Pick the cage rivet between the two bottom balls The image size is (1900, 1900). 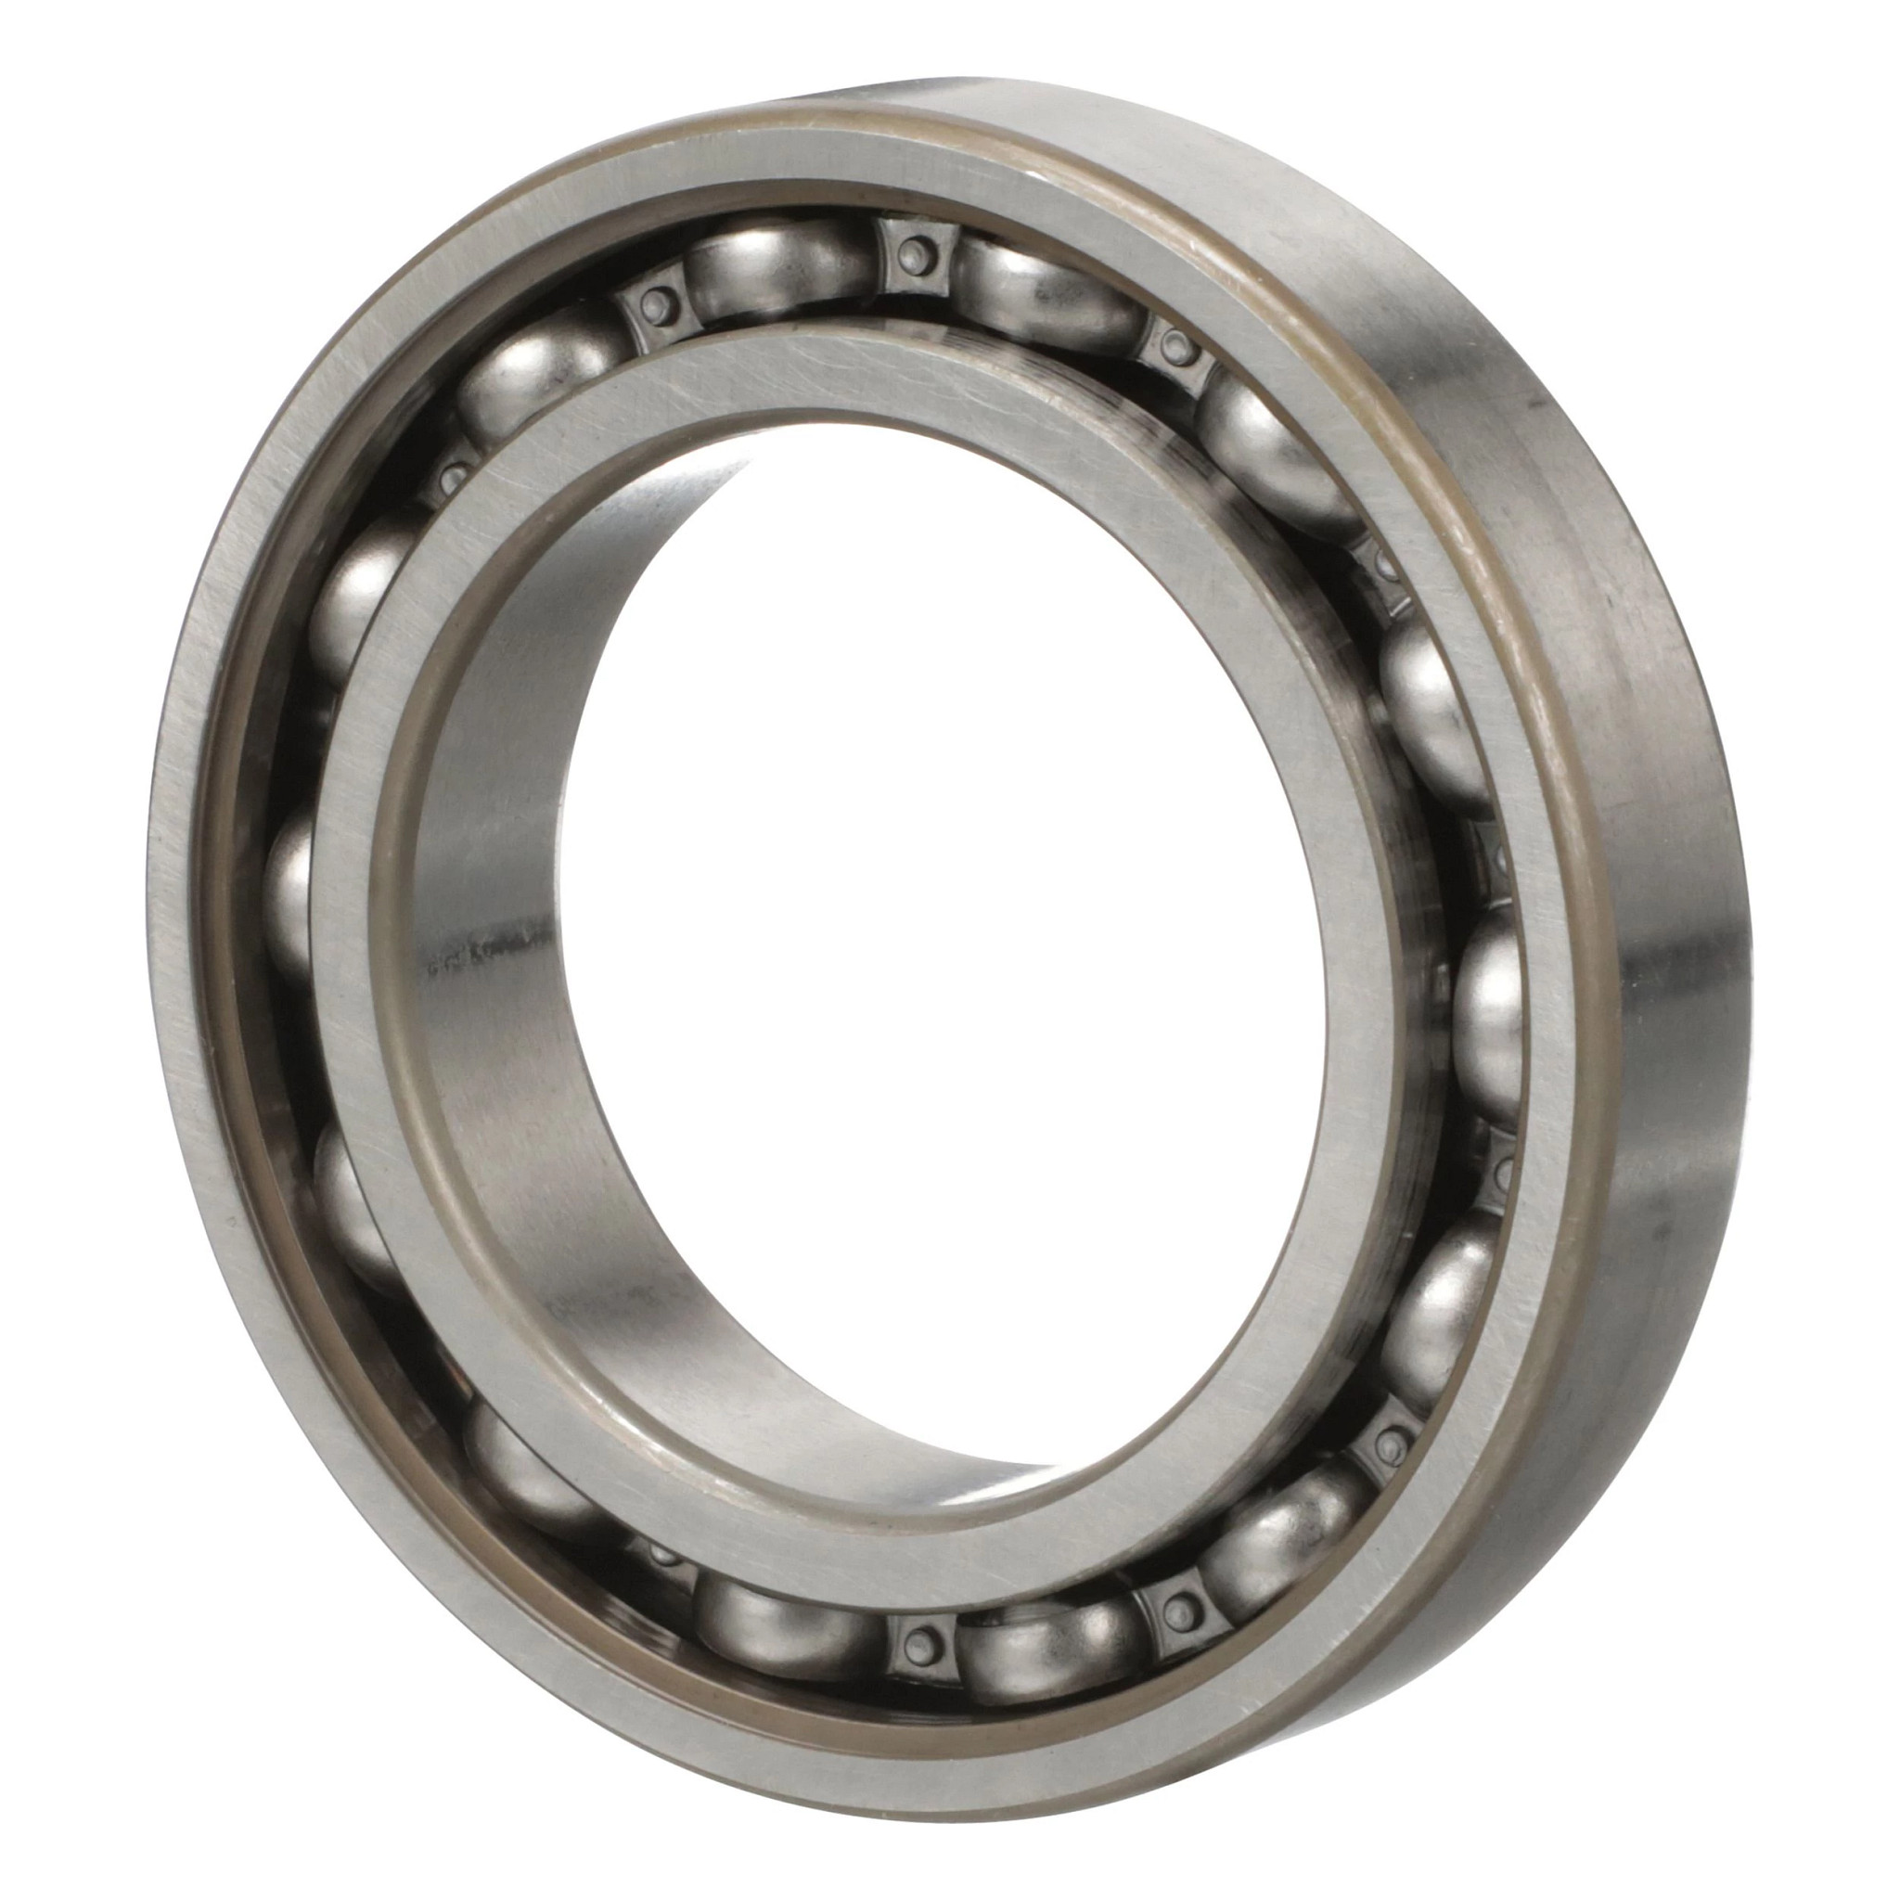pyautogui.click(x=919, y=1634)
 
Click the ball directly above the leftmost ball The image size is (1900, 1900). pyautogui.click(x=359, y=600)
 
